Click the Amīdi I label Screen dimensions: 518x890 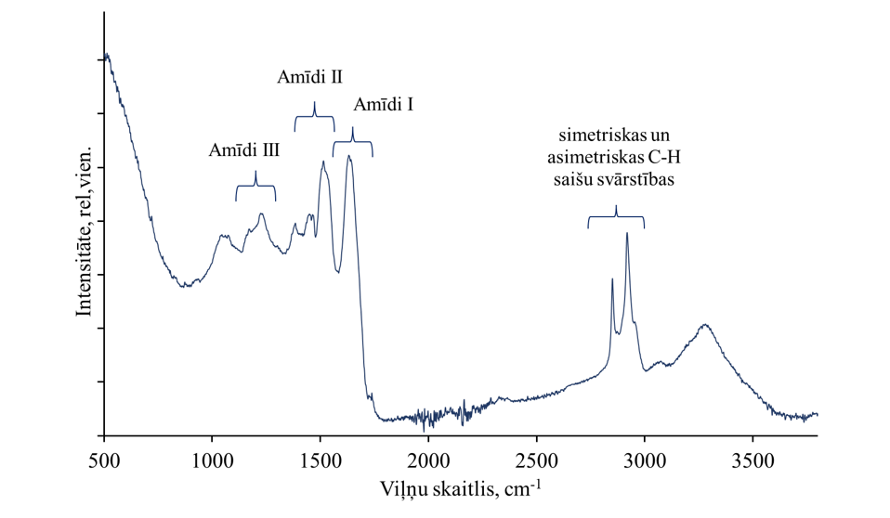(x=384, y=105)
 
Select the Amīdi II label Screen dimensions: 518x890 (x=309, y=77)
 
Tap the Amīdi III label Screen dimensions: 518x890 (x=244, y=149)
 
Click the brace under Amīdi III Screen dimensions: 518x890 (x=255, y=186)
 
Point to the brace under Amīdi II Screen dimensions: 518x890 (x=314, y=117)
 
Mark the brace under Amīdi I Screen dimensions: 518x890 (x=353, y=142)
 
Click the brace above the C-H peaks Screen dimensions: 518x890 (x=615, y=217)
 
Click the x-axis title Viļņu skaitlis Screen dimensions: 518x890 (x=460, y=487)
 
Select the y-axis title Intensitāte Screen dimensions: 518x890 (x=85, y=229)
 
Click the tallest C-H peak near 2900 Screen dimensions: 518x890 (x=627, y=233)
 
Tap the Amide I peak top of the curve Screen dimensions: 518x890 (x=348, y=156)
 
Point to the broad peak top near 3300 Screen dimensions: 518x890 (x=705, y=325)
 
